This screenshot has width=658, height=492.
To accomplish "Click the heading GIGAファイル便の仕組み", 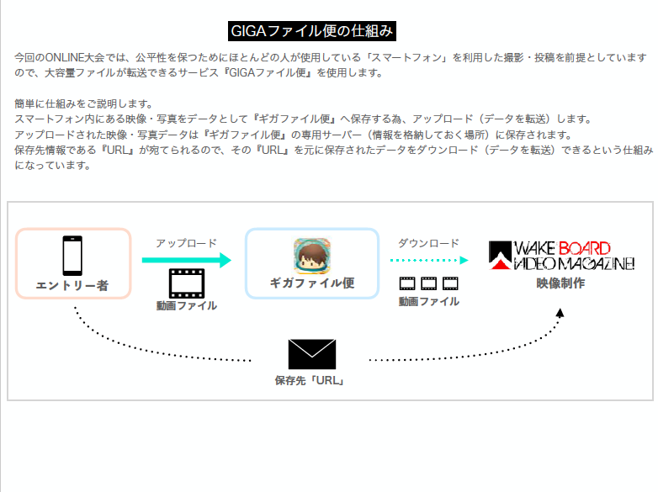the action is tap(312, 31).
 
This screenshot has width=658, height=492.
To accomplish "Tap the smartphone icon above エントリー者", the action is tap(72, 256).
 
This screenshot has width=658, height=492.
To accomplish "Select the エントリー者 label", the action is tap(72, 286).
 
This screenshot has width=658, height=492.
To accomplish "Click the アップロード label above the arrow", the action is tap(186, 243).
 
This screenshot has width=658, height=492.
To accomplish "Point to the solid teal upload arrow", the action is tap(187, 260).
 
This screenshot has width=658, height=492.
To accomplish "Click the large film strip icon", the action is tap(187, 283).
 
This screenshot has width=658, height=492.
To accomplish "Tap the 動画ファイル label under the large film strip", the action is tap(187, 305).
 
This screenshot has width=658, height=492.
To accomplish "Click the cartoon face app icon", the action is tap(312, 256).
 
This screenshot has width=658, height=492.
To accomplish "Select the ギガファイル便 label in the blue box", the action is tap(312, 283).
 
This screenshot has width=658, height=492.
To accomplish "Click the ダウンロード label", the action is tap(428, 243).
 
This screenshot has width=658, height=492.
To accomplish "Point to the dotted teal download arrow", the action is tap(429, 260).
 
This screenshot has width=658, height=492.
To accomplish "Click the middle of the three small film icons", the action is tap(428, 283).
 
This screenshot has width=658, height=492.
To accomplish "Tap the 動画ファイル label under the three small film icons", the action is tap(429, 301).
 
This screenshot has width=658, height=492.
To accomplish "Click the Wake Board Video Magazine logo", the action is tap(561, 256).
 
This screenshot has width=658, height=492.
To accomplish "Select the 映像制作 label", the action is tap(560, 283).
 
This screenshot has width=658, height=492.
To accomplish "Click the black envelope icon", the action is tap(312, 354).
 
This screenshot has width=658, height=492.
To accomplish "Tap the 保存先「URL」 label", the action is tap(310, 380).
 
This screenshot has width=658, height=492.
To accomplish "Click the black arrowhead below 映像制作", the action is tap(560, 313).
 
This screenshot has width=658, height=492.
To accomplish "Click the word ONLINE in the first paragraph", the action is tap(64, 57).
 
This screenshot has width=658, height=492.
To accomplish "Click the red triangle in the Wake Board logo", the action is tap(501, 264).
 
